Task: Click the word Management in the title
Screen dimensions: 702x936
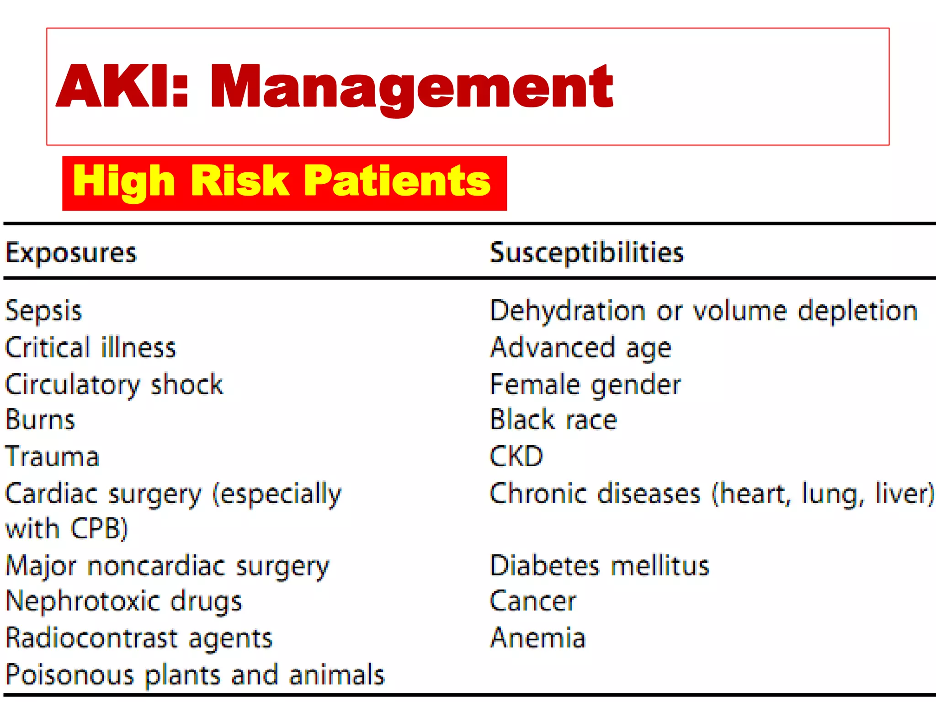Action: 411,87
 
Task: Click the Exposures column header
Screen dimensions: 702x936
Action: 71,253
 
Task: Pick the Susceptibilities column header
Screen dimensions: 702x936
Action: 586,253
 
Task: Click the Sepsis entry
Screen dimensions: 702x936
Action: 43,311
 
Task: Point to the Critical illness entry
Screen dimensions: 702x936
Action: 90,348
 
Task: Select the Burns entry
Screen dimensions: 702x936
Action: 40,420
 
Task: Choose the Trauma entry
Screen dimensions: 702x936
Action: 52,457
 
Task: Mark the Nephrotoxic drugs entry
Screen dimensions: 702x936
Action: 124,601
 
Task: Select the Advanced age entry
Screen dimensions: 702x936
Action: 581,348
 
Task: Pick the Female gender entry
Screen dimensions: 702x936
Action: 585,384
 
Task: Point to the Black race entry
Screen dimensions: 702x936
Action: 553,420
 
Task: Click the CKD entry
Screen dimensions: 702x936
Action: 516,457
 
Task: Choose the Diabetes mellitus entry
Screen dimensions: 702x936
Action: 599,566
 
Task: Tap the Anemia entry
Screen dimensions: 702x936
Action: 538,638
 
